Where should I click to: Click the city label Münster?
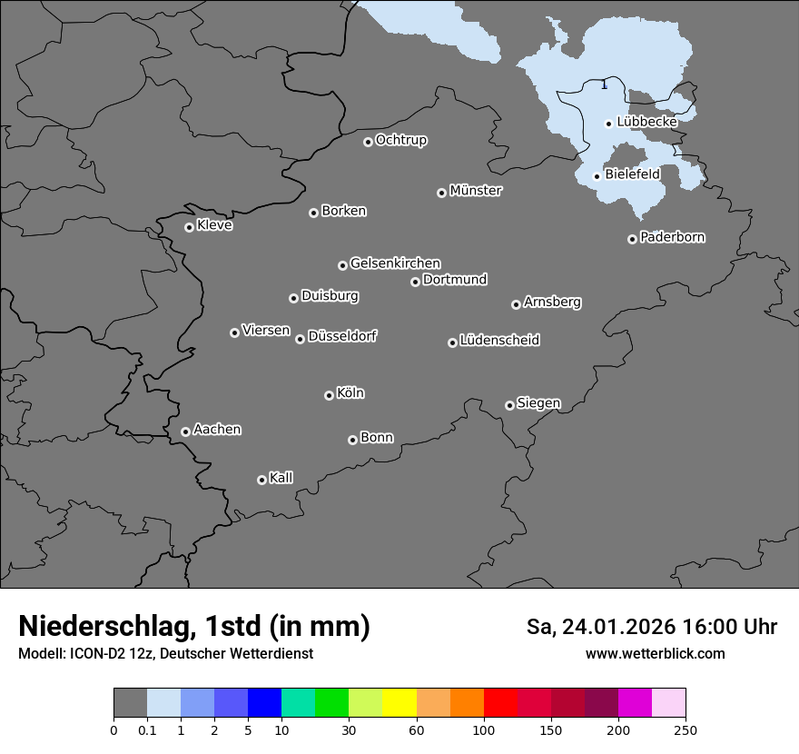(x=476, y=191)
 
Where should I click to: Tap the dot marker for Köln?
(x=329, y=395)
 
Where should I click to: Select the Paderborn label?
(x=673, y=237)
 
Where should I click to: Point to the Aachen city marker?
(x=185, y=432)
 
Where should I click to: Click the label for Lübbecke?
(x=647, y=122)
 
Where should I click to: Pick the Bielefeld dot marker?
(x=597, y=176)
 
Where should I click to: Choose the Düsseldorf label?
(x=342, y=336)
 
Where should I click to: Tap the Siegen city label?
(x=538, y=403)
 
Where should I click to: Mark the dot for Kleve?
(x=189, y=227)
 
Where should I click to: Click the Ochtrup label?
(x=401, y=140)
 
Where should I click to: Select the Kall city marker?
(x=261, y=480)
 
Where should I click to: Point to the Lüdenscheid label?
(x=499, y=341)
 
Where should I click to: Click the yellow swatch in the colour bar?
(x=399, y=703)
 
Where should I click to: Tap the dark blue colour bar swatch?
(x=264, y=703)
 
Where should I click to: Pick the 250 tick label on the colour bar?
(x=686, y=729)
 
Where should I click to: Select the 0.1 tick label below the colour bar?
(x=147, y=729)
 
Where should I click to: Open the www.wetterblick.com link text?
(x=655, y=654)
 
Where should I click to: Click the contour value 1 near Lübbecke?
(x=605, y=85)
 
